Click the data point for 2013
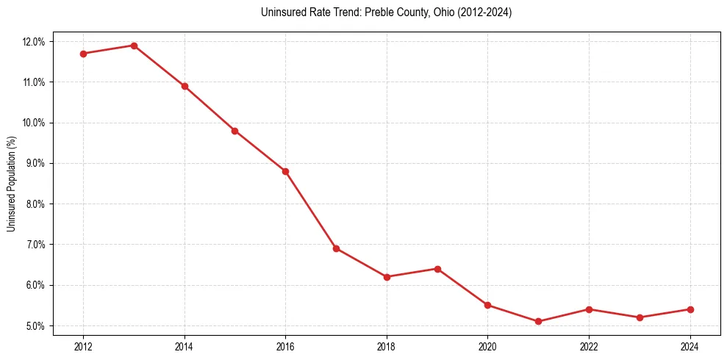click(134, 46)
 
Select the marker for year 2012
click(83, 54)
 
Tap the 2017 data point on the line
click(336, 248)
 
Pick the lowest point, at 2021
click(538, 321)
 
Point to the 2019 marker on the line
click(437, 269)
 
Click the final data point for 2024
click(690, 309)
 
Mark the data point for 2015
click(234, 131)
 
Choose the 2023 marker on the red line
click(640, 317)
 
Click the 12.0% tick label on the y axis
click(34, 42)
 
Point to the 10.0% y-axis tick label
click(34, 123)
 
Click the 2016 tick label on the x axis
click(285, 345)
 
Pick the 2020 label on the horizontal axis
click(487, 345)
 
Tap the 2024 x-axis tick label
click(690, 345)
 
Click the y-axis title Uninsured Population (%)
click(12, 184)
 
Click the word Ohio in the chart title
click(444, 12)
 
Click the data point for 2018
click(387, 277)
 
